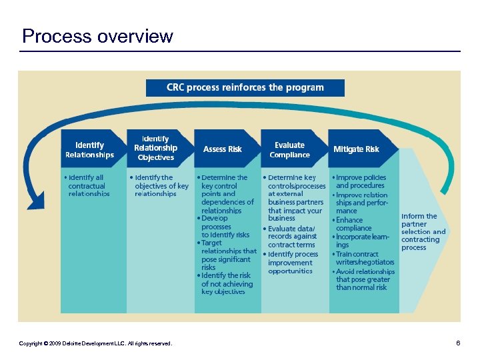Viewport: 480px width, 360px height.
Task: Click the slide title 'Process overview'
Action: pyautogui.click(x=97, y=36)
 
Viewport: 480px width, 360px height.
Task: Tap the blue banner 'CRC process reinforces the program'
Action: pyautogui.click(x=245, y=87)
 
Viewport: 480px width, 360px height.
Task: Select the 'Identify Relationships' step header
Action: pyautogui.click(x=89, y=149)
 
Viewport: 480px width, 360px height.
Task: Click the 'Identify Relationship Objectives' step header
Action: pyautogui.click(x=155, y=148)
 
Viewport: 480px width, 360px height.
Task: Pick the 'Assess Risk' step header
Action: pyautogui.click(x=222, y=149)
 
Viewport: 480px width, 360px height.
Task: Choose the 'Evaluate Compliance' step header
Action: pyautogui.click(x=289, y=149)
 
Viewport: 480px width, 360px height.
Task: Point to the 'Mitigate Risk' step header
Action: pyautogui.click(x=356, y=149)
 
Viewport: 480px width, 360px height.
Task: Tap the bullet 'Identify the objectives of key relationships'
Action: pyautogui.click(x=160, y=185)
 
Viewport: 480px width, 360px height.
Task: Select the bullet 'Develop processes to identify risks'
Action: pyautogui.click(x=225, y=227)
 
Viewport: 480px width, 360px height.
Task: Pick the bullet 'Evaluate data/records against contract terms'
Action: pyautogui.click(x=291, y=236)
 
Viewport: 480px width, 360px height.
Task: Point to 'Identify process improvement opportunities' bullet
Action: pyautogui.click(x=291, y=263)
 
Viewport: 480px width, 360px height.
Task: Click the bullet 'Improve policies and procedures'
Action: pyautogui.click(x=360, y=181)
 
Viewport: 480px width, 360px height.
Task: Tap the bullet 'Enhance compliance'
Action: pyautogui.click(x=353, y=224)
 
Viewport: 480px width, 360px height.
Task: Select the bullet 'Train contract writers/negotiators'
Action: pyautogui.click(x=363, y=258)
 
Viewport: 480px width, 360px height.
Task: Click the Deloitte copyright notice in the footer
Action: pyautogui.click(x=95, y=343)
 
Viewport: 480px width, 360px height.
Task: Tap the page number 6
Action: pyautogui.click(x=458, y=343)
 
